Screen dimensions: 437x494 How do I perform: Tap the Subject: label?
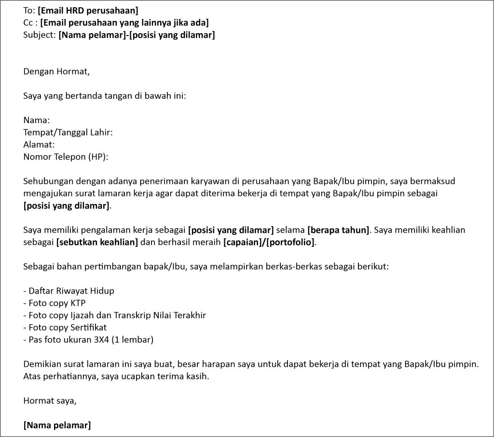pos(40,35)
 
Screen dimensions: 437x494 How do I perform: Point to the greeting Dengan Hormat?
pos(56,72)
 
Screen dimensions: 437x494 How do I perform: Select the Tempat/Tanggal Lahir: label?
pos(68,132)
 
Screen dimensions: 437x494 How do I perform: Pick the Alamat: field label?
pos(39,144)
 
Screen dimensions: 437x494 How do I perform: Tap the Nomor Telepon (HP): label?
pos(66,156)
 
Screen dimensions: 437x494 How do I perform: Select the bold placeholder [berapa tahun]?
pos(338,230)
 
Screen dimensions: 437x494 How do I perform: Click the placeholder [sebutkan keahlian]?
pos(97,242)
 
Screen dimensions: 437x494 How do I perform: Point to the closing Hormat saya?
pos(49,400)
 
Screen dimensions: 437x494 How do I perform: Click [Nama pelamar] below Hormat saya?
pos(57,425)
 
